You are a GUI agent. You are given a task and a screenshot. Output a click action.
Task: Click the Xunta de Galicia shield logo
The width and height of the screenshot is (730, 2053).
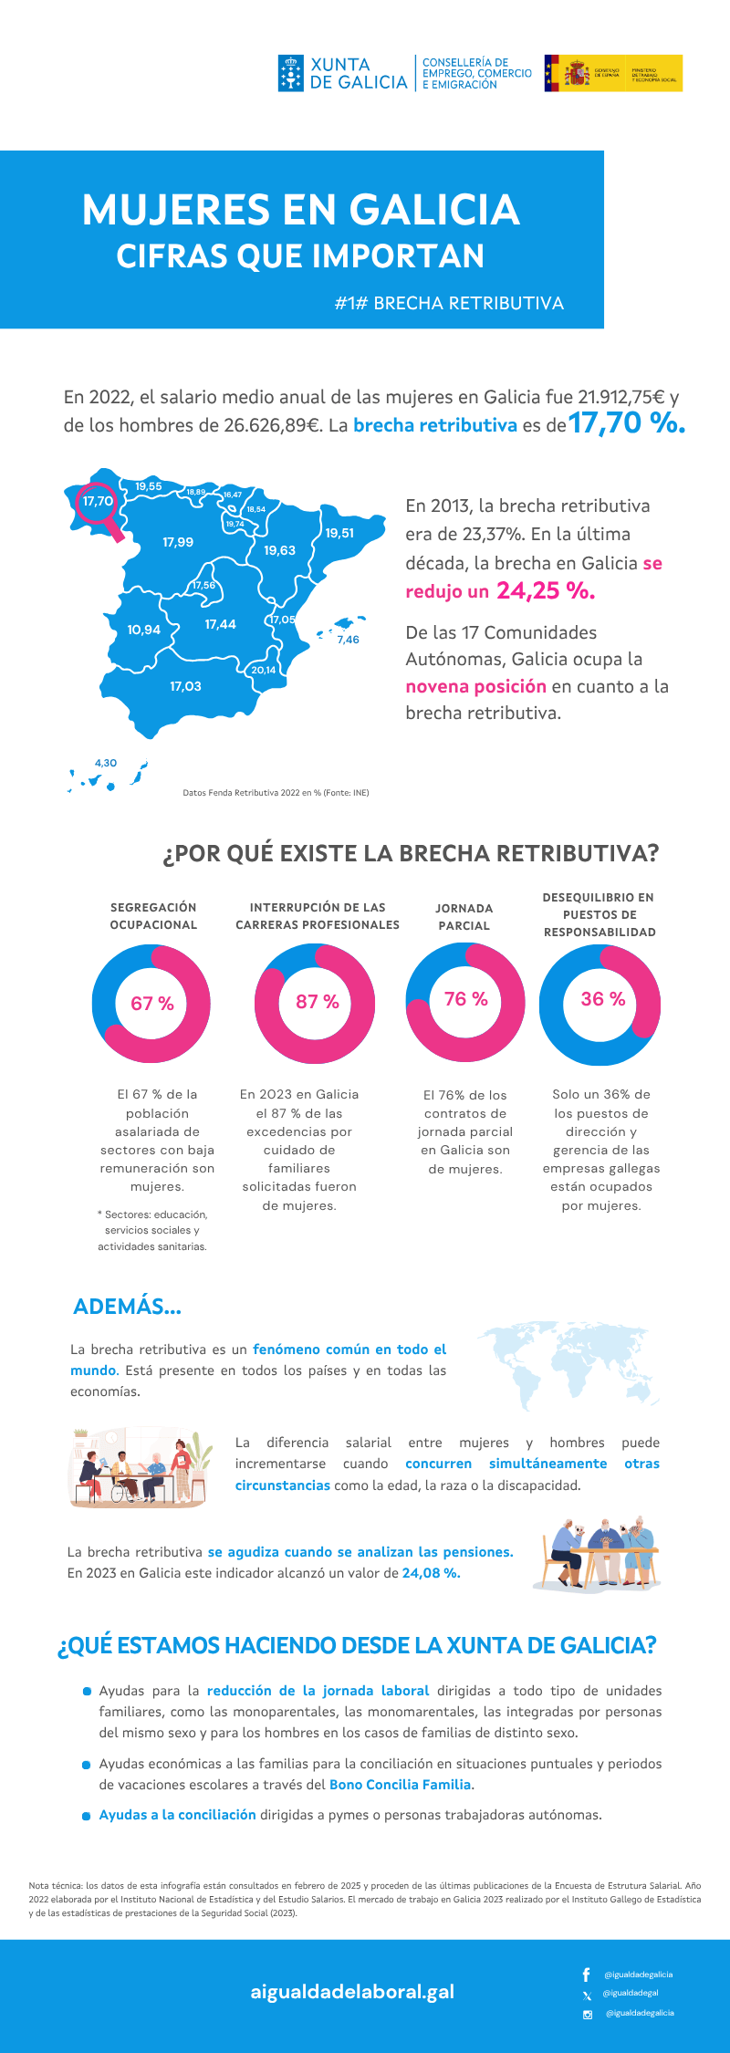pyautogui.click(x=290, y=73)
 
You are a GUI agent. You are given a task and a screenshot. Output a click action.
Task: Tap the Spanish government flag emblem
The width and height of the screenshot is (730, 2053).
pyautogui.click(x=576, y=73)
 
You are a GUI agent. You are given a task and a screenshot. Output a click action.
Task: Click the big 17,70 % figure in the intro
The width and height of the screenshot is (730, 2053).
pyautogui.click(x=627, y=422)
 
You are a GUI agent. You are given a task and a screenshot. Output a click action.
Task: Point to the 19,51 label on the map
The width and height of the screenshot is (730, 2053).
pyautogui.click(x=339, y=533)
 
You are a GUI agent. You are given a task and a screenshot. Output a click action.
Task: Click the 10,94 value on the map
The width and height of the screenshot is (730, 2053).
pyautogui.click(x=144, y=630)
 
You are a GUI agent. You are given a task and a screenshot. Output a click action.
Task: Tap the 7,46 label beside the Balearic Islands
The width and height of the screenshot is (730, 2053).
pyautogui.click(x=348, y=640)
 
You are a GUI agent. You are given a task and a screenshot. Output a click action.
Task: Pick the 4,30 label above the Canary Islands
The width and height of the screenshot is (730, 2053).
pyautogui.click(x=106, y=763)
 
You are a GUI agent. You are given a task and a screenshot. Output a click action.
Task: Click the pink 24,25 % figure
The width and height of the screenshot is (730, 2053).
pyautogui.click(x=546, y=591)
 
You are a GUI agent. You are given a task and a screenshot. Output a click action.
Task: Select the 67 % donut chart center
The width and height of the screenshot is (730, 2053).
pyautogui.click(x=151, y=1004)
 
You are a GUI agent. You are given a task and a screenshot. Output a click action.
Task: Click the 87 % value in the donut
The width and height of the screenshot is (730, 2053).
pyautogui.click(x=317, y=1002)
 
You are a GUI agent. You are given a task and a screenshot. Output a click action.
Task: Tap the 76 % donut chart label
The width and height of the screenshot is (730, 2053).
pyautogui.click(x=465, y=1000)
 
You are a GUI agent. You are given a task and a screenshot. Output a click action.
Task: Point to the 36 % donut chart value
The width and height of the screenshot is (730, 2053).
pyautogui.click(x=602, y=999)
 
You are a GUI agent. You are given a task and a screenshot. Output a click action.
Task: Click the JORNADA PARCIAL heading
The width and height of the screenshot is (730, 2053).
pyautogui.click(x=464, y=917)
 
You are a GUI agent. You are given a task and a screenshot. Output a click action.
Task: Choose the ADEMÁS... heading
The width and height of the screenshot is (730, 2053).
pyautogui.click(x=127, y=1307)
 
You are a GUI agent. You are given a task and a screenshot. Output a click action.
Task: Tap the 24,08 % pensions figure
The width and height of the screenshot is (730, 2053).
pyautogui.click(x=431, y=1573)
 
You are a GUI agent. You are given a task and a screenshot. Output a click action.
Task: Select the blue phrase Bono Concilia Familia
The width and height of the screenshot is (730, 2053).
pyautogui.click(x=401, y=1785)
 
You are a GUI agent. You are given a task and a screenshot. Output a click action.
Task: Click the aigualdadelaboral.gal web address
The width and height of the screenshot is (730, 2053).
pyautogui.click(x=352, y=1992)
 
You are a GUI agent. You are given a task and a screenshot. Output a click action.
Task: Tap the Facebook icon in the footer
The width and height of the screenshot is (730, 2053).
pyautogui.click(x=587, y=1975)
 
